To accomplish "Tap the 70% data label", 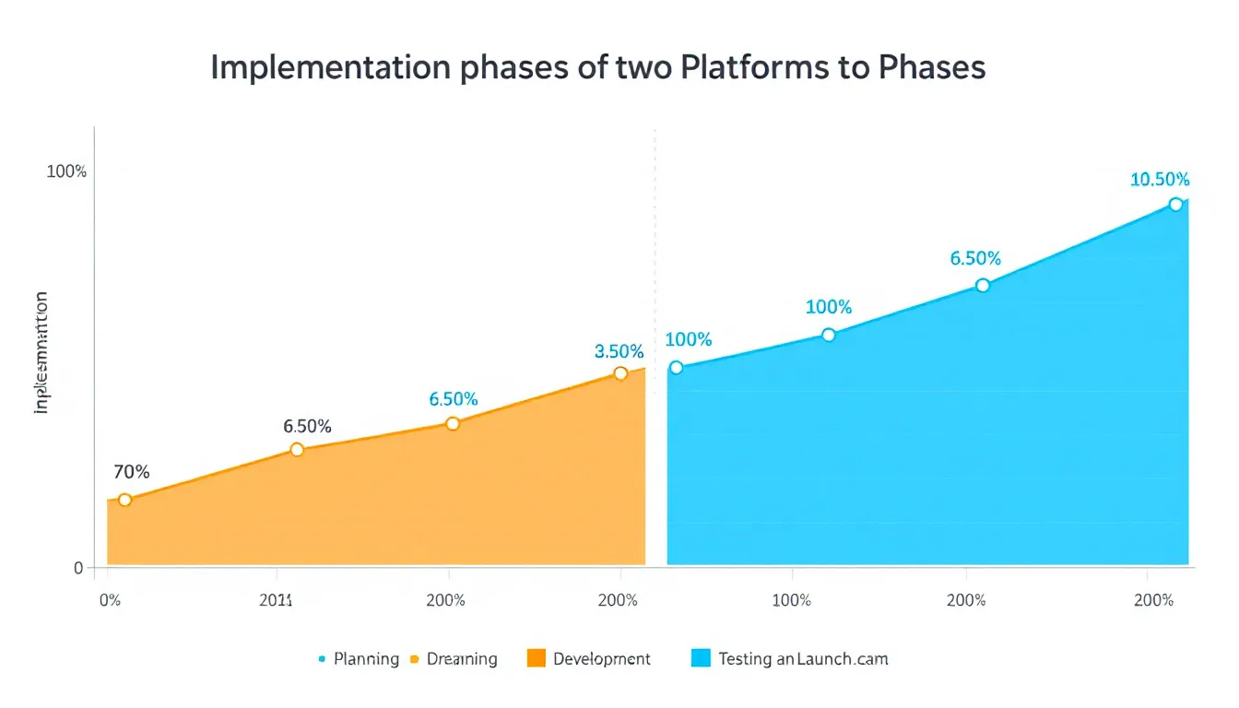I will tap(131, 472).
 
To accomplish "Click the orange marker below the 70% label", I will tap(125, 500).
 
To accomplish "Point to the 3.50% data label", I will tap(619, 351).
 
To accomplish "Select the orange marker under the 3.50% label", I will tap(620, 373).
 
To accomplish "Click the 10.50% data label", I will tap(1160, 180).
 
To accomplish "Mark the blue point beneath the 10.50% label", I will tap(1175, 205).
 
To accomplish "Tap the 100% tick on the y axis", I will tap(66, 172).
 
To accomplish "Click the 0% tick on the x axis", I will tap(109, 600).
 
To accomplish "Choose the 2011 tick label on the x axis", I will tap(276, 600).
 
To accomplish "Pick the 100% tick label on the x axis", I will tap(791, 600).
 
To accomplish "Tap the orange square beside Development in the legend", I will tap(537, 658).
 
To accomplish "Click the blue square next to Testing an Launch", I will tap(701, 658).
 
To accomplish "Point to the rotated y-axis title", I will tap(41, 352).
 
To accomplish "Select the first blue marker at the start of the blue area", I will tap(676, 368).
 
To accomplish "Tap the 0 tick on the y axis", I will tap(78, 568).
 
